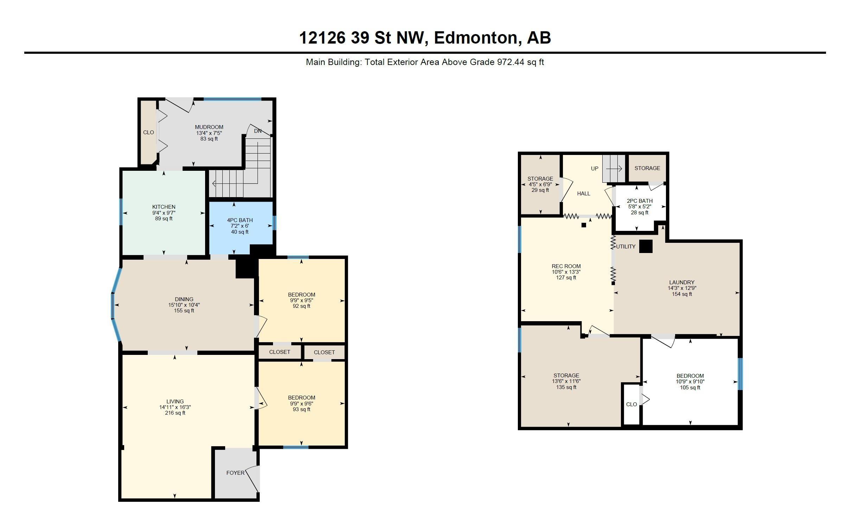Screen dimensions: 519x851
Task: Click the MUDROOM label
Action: point(209,127)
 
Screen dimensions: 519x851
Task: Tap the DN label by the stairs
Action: point(258,131)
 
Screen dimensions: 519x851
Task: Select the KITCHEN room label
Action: point(164,207)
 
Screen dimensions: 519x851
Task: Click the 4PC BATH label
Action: point(240,220)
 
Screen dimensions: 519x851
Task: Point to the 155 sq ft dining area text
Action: point(184,311)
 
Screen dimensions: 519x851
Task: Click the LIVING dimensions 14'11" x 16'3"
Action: point(175,407)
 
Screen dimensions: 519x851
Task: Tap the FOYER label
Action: point(235,473)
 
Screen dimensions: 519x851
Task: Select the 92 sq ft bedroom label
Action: point(301,306)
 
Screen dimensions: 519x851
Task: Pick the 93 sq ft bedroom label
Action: point(301,409)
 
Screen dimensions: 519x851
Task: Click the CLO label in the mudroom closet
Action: point(148,132)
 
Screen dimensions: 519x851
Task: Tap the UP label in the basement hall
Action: point(594,169)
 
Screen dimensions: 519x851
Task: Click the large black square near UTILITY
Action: point(646,246)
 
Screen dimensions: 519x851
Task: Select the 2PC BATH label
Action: point(640,201)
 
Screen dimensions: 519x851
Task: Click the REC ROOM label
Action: point(566,266)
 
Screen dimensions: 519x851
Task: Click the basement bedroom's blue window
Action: point(740,374)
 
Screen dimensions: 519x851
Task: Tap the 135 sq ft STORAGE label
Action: point(566,387)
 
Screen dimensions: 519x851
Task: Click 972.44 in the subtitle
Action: point(510,63)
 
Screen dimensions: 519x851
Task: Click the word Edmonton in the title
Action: point(477,38)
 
